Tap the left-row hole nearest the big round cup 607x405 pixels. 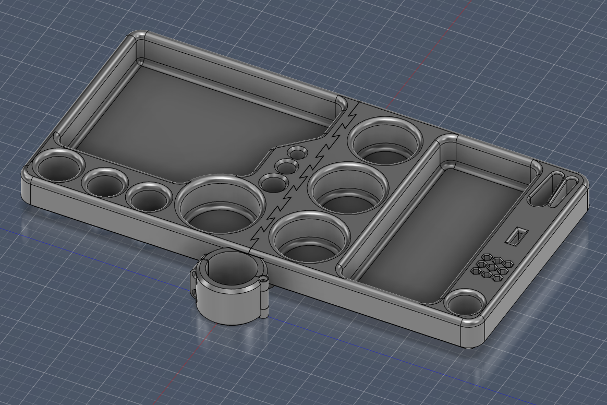[x=148, y=197]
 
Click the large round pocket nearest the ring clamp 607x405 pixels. [x=309, y=237]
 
